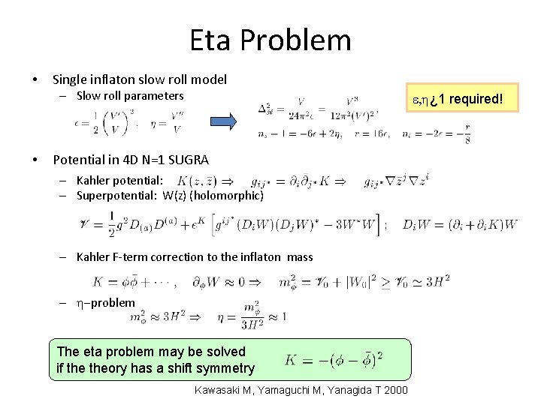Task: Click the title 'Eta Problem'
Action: point(270,40)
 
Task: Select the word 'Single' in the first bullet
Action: point(69,79)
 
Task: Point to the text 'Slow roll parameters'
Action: point(130,96)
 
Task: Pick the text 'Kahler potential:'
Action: point(119,181)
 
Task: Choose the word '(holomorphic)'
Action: point(228,196)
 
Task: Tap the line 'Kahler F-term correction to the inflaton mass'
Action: point(195,257)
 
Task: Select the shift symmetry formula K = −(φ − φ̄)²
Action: point(334,360)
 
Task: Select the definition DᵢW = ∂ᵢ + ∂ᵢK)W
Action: point(460,224)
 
